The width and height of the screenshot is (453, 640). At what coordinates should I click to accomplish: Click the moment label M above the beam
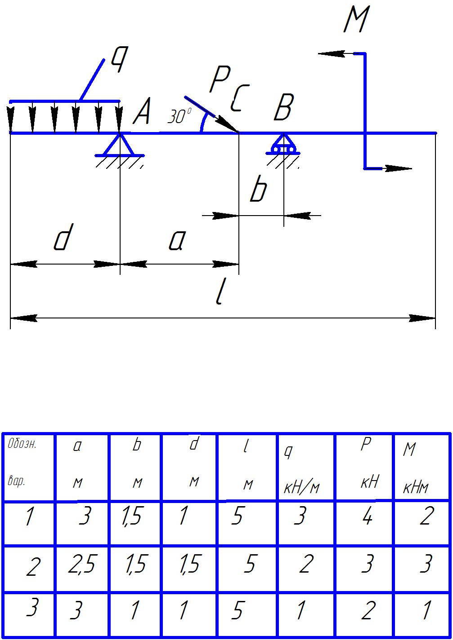click(355, 20)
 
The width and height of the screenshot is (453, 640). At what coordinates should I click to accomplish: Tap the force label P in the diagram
click(220, 79)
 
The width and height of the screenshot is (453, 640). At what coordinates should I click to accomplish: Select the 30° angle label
click(179, 117)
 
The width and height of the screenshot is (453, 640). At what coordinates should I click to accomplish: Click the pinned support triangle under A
click(120, 145)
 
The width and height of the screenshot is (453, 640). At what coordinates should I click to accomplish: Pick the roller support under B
click(283, 145)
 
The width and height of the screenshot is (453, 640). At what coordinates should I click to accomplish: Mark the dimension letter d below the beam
click(62, 238)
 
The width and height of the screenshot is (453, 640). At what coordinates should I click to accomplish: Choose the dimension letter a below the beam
click(176, 241)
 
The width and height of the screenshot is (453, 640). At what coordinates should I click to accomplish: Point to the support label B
click(283, 107)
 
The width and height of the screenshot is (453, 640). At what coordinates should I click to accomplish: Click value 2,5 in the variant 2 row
click(81, 565)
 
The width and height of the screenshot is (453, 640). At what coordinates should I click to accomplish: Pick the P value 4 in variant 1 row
click(367, 517)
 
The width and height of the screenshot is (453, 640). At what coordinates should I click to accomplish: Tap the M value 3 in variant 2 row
click(426, 565)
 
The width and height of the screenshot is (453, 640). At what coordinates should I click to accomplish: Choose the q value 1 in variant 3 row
click(301, 611)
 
